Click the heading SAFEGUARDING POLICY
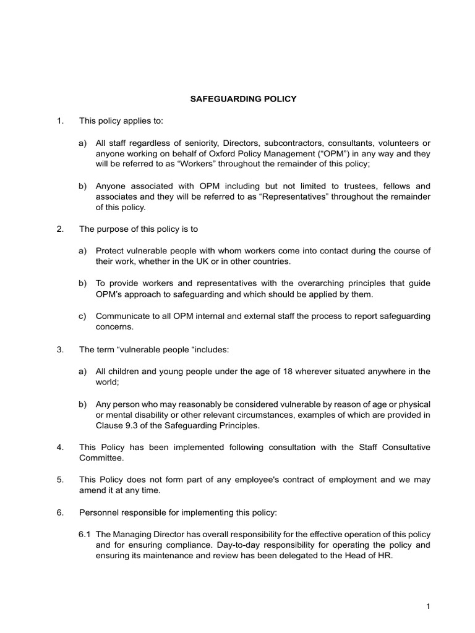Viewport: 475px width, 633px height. coord(237,98)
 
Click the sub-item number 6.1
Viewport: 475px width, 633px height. coord(85,533)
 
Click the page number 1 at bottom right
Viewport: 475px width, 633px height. coord(427,607)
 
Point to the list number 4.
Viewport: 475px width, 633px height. coord(59,447)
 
